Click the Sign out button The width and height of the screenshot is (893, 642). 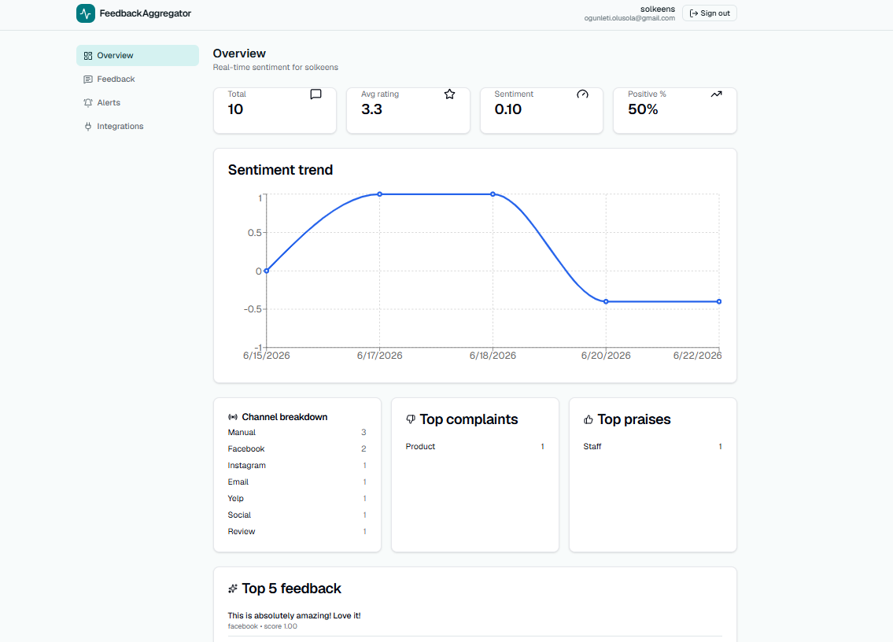point(709,13)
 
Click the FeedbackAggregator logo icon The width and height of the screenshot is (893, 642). point(86,13)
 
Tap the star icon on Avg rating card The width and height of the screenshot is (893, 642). point(449,94)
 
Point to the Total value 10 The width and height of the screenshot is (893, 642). point(235,109)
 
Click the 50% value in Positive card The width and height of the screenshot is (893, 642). point(643,109)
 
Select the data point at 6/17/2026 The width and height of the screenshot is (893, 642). point(380,194)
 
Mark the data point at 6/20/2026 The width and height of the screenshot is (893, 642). point(606,301)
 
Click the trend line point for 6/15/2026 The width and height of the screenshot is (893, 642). point(267,271)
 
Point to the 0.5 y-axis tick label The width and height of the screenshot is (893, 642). point(255,232)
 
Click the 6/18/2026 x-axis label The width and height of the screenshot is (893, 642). point(493,356)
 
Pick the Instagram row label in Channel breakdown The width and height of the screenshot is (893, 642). point(246,466)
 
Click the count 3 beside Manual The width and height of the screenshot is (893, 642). point(363,433)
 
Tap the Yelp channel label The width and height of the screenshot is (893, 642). point(236,499)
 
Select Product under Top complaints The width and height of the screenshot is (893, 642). point(420,447)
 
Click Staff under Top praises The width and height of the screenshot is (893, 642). point(592,447)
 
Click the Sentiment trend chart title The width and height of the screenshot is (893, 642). point(280,170)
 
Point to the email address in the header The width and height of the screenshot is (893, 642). point(629,18)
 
